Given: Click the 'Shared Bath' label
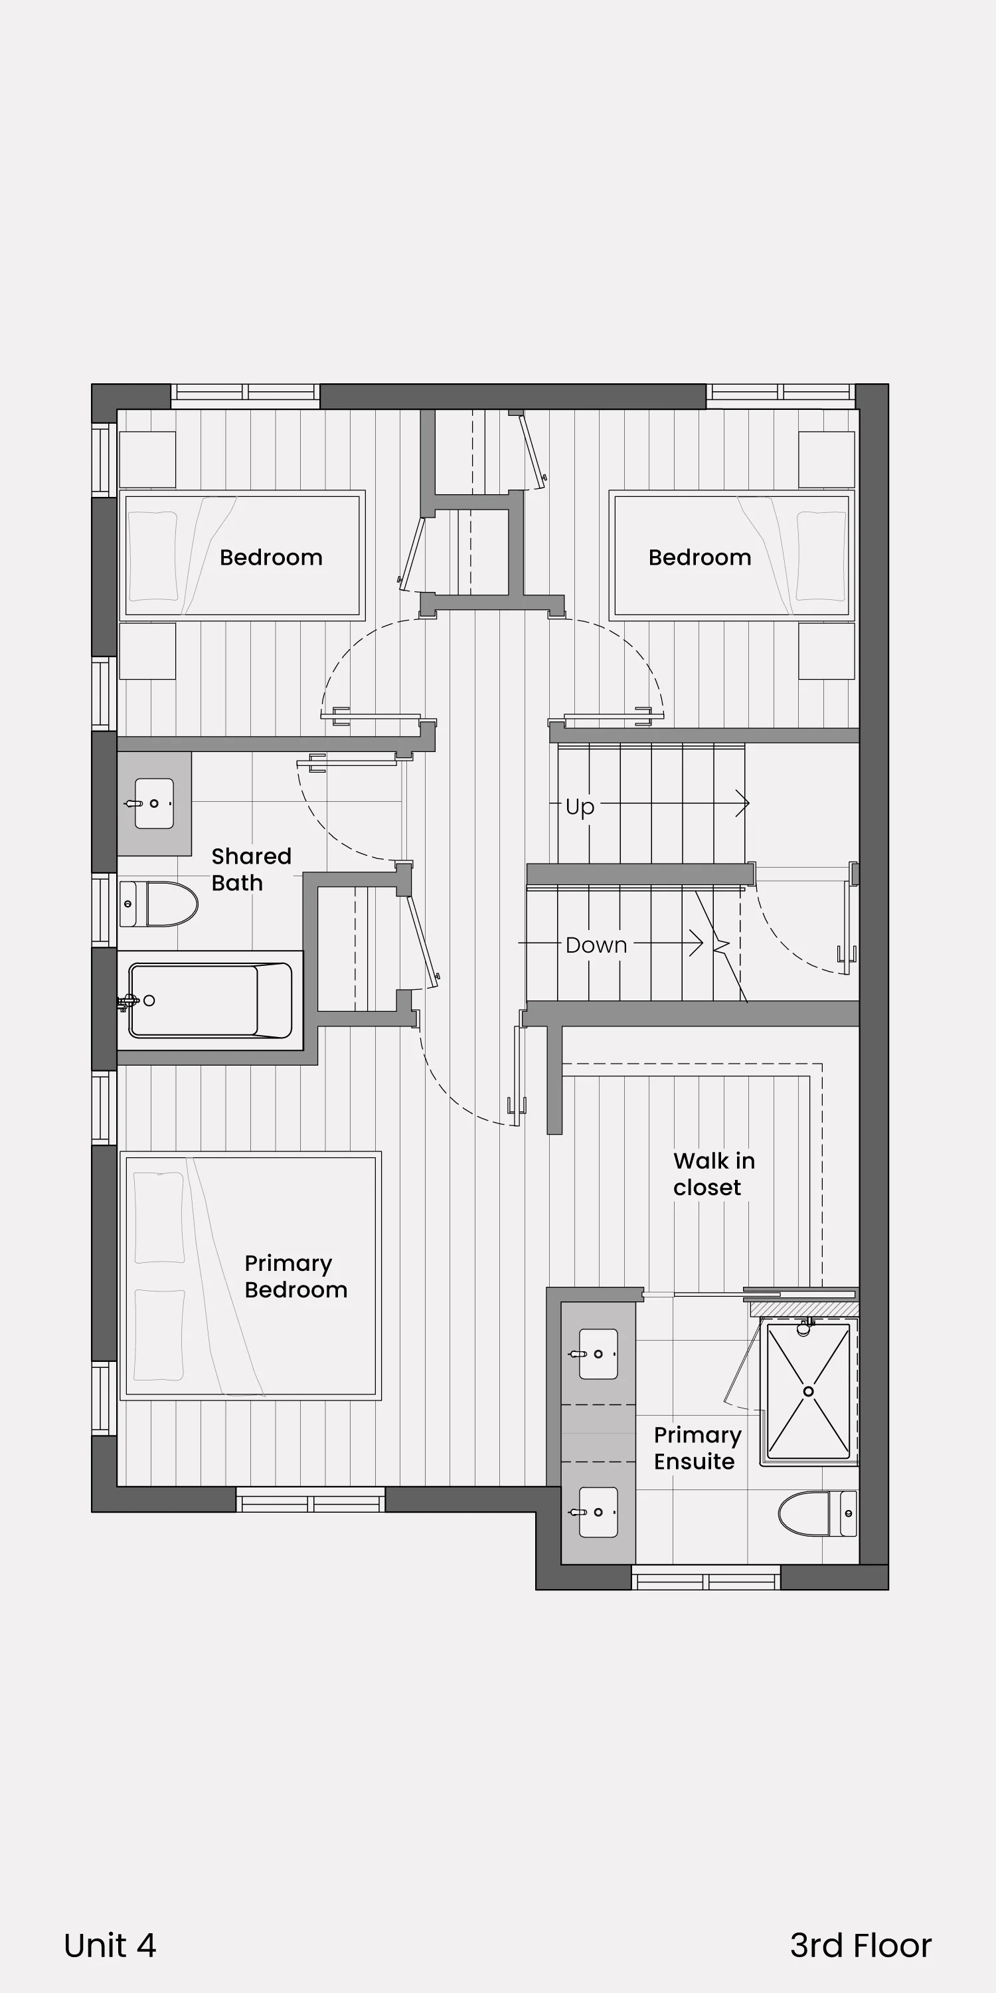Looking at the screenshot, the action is [251, 870].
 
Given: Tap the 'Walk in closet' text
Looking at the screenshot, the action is [714, 1174].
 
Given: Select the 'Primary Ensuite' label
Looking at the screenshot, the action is [697, 1448].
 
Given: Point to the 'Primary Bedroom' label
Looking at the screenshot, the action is [295, 1276].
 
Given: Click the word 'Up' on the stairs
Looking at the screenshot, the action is [580, 807].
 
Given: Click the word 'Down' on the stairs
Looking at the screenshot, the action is [596, 945].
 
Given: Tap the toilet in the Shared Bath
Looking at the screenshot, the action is [159, 903].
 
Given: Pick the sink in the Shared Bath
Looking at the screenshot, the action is [154, 803].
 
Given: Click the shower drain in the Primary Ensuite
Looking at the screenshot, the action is [808, 1391].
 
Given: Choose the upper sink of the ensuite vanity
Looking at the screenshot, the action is [598, 1354].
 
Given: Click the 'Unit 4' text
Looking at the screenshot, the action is [110, 1945].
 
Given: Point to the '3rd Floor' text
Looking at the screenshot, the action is [861, 1945].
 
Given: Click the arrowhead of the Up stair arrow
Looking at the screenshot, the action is [743, 804].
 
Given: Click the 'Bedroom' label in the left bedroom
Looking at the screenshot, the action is [271, 557].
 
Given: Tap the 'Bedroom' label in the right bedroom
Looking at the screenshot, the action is [700, 557].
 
